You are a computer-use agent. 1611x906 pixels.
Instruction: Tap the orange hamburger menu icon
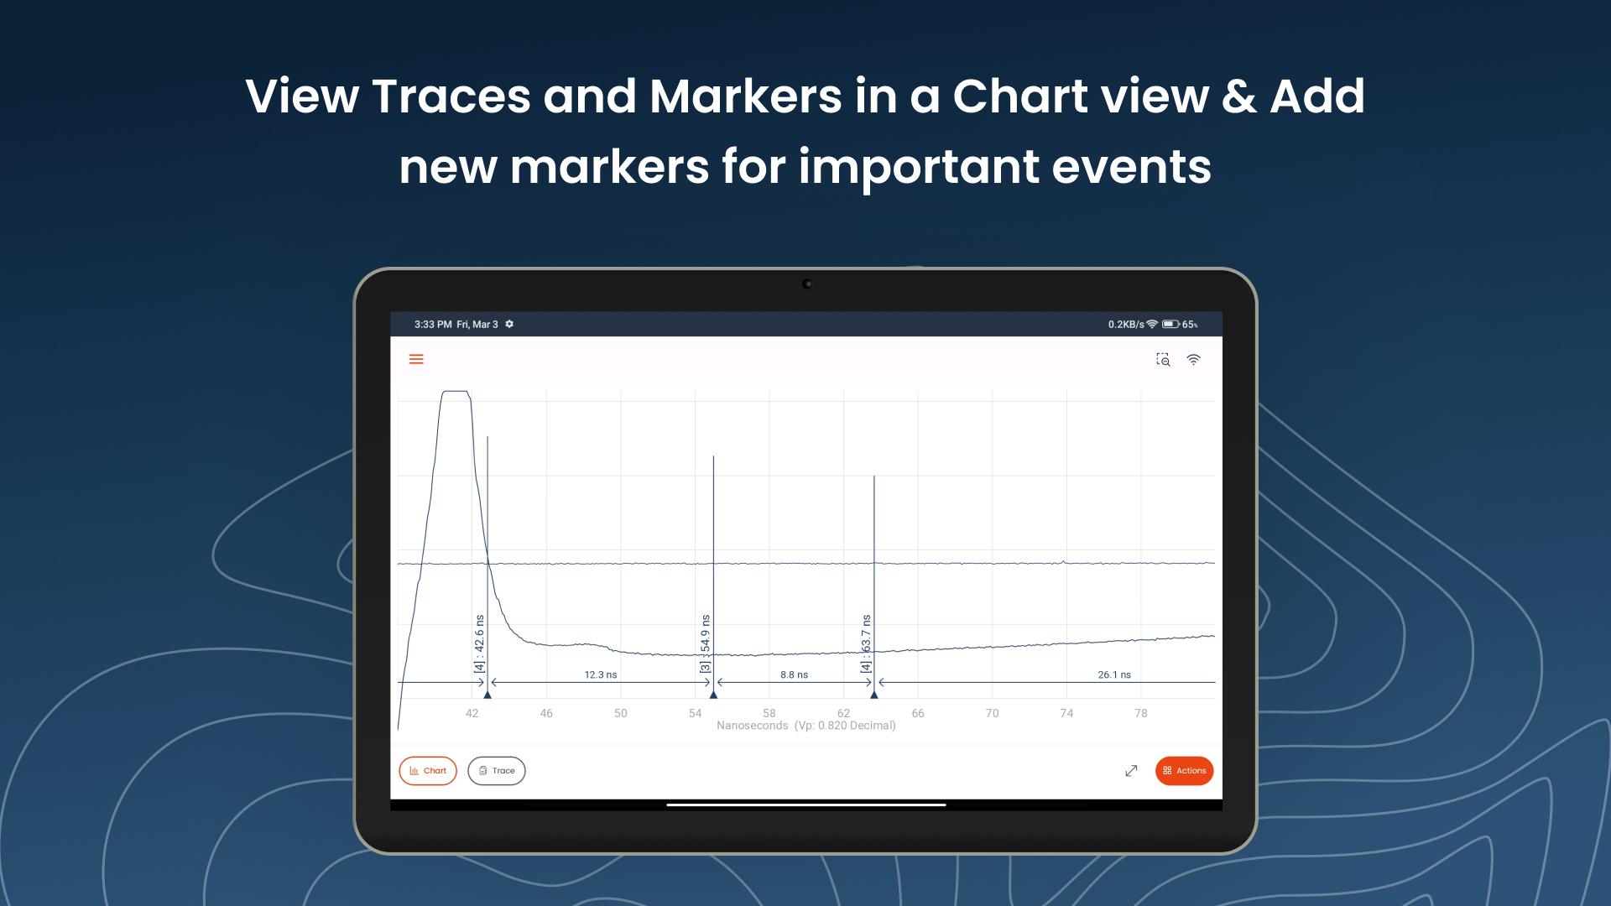[416, 359]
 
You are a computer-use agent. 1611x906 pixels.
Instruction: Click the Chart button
[428, 771]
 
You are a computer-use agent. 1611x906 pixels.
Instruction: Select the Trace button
[497, 771]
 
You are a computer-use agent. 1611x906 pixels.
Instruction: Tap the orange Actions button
[1184, 771]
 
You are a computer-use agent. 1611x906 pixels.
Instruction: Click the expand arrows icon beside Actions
[1131, 771]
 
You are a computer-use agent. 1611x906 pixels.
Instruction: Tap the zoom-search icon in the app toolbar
[1163, 360]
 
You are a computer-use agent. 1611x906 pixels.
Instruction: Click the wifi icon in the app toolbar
[1193, 360]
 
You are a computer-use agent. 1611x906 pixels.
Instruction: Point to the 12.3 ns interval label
[601, 674]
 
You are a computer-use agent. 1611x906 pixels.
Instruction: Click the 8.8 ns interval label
[794, 674]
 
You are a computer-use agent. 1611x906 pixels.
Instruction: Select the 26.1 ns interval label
[1114, 674]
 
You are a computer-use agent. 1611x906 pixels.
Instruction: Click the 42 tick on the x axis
[472, 713]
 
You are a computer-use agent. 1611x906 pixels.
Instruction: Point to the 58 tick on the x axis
[769, 713]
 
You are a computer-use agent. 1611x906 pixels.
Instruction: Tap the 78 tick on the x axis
[1141, 713]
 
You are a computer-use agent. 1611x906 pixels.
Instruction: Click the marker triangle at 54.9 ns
[713, 695]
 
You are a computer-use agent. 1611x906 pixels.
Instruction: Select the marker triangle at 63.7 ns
[874, 695]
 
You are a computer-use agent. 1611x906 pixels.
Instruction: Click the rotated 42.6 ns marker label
[479, 643]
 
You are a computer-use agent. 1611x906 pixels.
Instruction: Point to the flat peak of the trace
[456, 391]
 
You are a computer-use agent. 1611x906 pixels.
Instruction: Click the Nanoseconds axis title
[753, 726]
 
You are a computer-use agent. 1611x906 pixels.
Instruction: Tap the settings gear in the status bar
[509, 324]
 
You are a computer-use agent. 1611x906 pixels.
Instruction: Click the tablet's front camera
[807, 284]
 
